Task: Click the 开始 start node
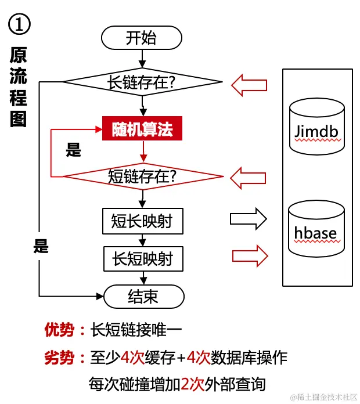pyautogui.click(x=141, y=38)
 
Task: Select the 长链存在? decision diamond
pyautogui.click(x=142, y=82)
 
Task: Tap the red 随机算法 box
pyautogui.click(x=142, y=129)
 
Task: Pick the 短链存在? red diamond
pyautogui.click(x=143, y=176)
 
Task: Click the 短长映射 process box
pyautogui.click(x=142, y=221)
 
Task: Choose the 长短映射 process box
pyautogui.click(x=143, y=258)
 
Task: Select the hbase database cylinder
pyautogui.click(x=316, y=228)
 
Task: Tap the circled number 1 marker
pyautogui.click(x=19, y=24)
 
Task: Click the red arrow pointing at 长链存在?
pyautogui.click(x=249, y=85)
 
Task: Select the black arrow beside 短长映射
pyautogui.click(x=249, y=219)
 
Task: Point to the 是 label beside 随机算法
pyautogui.click(x=73, y=151)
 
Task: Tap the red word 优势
pyautogui.click(x=59, y=330)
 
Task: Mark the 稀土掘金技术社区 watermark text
pyautogui.click(x=327, y=397)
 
